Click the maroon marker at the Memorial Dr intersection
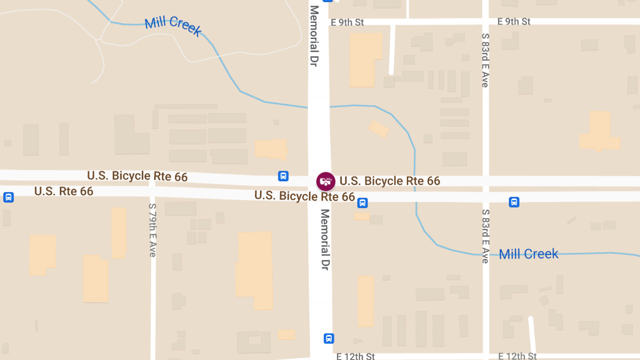point(325,181)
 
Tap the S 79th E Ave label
point(153,230)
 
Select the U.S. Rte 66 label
point(63,191)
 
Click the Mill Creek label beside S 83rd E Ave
point(529,254)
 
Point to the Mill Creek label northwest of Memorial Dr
point(173,26)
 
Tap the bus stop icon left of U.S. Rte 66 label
point(9,197)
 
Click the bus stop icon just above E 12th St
point(329,338)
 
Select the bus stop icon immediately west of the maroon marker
point(283,175)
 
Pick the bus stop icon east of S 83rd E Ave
point(514,202)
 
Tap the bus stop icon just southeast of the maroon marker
point(362,202)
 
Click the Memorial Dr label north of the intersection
point(314,36)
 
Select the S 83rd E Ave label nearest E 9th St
point(485,60)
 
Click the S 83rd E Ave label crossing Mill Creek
point(485,236)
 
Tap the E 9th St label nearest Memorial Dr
point(347,22)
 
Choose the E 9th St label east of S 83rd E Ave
point(514,22)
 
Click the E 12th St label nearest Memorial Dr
point(356,356)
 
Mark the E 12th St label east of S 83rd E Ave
point(517,356)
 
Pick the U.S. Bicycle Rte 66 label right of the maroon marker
point(390,181)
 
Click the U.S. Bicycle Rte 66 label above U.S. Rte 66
point(137,176)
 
